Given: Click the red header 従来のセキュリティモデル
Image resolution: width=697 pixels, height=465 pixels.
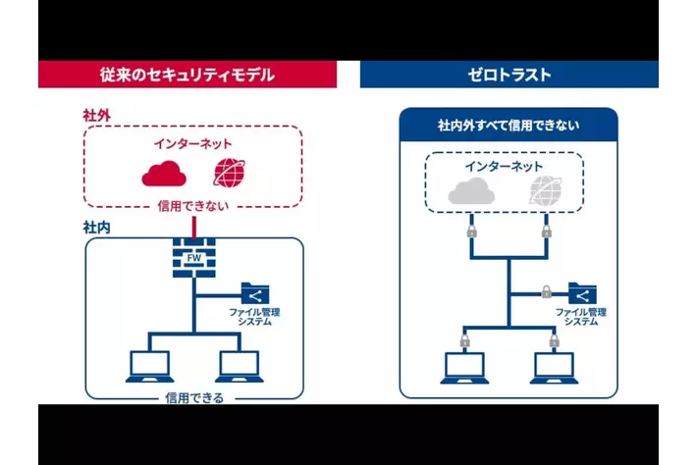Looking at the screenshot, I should coord(187,75).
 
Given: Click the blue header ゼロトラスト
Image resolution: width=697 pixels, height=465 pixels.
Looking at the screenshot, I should coord(509,75).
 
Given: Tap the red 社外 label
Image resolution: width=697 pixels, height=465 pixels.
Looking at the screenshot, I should coord(96,116).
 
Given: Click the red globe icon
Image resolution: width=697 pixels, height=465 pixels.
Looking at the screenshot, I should coord(228,174).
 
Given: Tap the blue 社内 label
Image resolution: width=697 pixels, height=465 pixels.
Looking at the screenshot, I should coord(96,227).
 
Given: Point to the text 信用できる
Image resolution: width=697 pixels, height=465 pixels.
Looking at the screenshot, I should coord(194,397).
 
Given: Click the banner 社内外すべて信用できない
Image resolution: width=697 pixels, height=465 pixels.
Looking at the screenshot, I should coord(509,126).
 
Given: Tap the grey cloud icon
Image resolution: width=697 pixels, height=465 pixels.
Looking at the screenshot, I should coord(469,193).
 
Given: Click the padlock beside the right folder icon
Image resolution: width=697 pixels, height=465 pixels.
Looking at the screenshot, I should coord(547,291).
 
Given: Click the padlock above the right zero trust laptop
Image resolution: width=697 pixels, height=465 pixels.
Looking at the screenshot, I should coord(554,339).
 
